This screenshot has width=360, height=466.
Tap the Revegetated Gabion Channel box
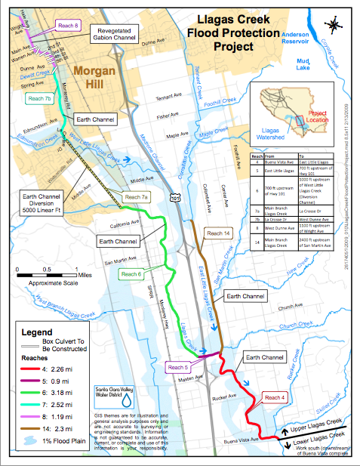[120, 34]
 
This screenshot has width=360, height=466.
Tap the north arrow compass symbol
[335, 25]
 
